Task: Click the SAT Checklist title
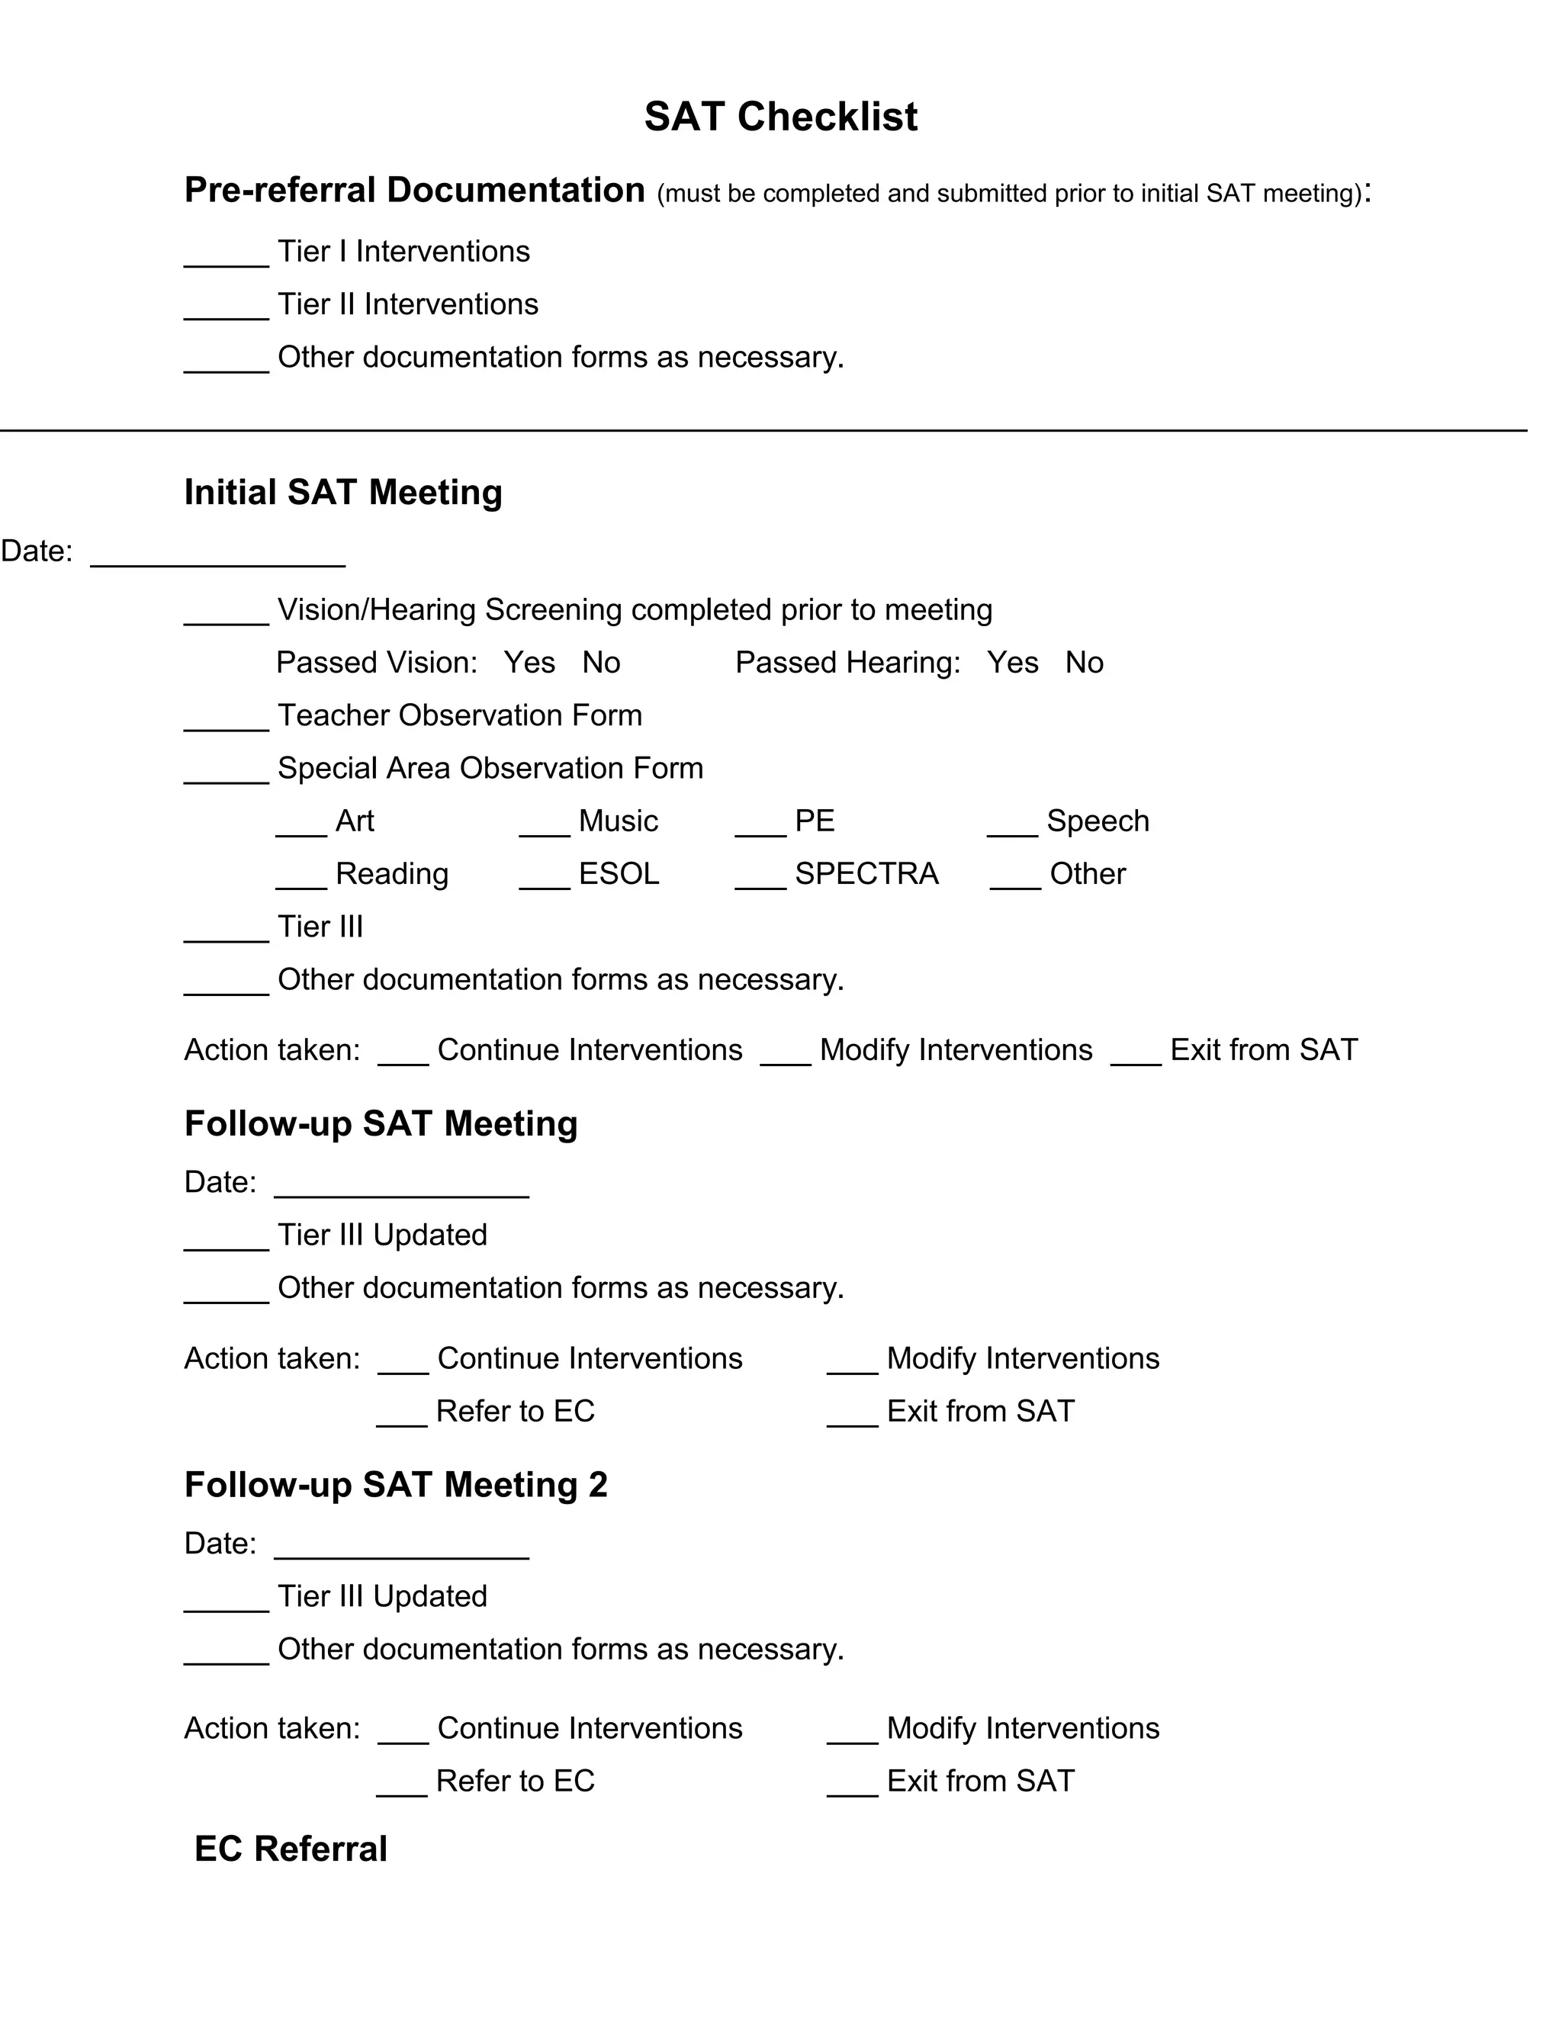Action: point(780,117)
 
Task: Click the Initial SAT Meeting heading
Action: point(342,493)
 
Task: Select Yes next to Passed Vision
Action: point(529,663)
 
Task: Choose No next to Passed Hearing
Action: point(1084,663)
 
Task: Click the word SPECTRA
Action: point(866,873)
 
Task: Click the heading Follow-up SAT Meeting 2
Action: point(396,1484)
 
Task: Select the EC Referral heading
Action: point(291,1849)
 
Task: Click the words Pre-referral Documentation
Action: point(415,190)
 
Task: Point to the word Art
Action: point(355,821)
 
